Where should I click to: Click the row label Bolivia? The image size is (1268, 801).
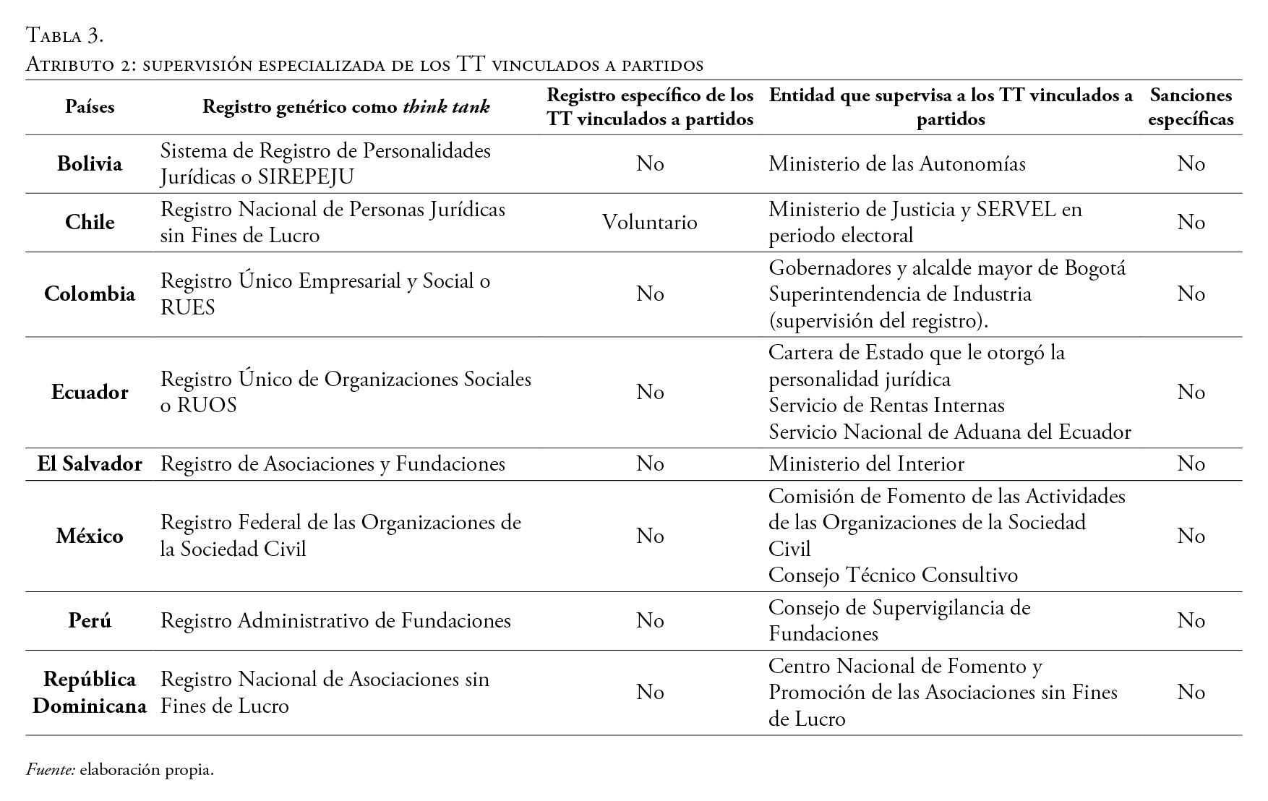[90, 163]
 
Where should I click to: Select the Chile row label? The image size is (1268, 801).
[90, 222]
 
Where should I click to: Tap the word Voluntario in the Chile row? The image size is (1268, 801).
[649, 222]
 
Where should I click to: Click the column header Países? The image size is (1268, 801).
[90, 107]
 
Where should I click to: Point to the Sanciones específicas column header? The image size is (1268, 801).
[1190, 107]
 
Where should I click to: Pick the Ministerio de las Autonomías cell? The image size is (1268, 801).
[896, 164]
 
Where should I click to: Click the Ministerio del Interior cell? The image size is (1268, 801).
[866, 463]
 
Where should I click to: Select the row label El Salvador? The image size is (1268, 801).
[90, 463]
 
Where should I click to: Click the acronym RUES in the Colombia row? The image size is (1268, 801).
[187, 307]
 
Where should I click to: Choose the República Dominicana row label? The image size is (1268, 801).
[90, 693]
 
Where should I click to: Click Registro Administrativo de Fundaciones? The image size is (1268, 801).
[335, 621]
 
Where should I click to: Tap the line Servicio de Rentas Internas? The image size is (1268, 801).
[886, 406]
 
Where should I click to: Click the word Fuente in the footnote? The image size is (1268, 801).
[51, 770]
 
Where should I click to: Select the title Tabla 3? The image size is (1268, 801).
[65, 35]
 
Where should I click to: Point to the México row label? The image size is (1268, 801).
[90, 536]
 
